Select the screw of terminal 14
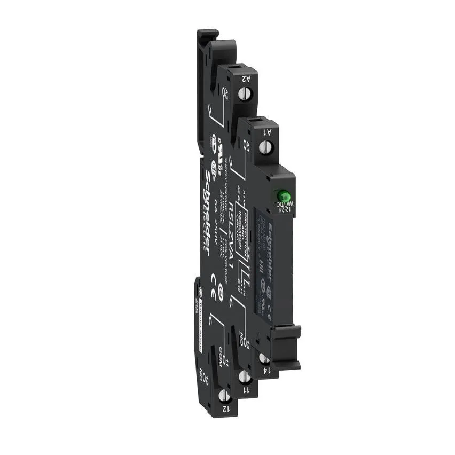pyautogui.click(x=263, y=358)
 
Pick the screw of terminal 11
pyautogui.click(x=245, y=377)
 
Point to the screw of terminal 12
pyautogui.click(x=224, y=396)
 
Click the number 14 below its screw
pyautogui.click(x=265, y=370)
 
